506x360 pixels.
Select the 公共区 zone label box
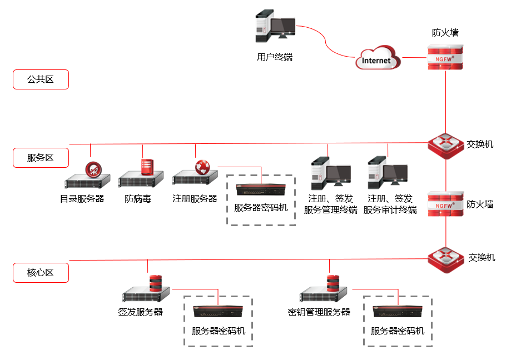(41, 79)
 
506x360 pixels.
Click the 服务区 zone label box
(41, 158)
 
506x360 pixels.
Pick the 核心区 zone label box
(41, 273)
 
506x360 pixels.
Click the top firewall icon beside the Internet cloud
(445, 57)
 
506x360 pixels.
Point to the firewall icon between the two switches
(445, 204)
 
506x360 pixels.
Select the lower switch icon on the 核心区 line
(445, 258)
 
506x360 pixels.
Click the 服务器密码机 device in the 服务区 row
(260, 190)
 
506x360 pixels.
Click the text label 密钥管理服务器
(319, 312)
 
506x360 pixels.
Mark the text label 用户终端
(275, 57)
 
